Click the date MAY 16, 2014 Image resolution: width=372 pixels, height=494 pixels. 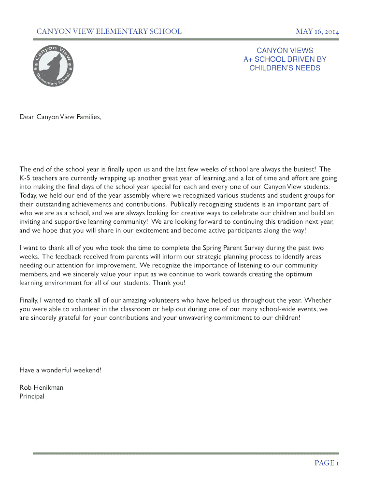coord(317,32)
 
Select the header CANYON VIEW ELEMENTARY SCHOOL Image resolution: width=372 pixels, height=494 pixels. coord(109,32)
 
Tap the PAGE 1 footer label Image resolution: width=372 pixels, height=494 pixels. coord(327,463)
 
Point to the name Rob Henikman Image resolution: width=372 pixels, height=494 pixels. coord(42,387)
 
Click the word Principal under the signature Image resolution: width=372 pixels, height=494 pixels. coord(32,397)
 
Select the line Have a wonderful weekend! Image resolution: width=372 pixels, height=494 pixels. coord(60,370)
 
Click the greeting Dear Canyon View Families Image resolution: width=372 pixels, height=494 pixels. coord(60,117)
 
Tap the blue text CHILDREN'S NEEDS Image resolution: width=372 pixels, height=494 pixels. coord(285,68)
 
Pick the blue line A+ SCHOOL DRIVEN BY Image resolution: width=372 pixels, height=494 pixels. coord(285,59)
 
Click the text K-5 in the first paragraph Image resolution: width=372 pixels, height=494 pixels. coord(25,178)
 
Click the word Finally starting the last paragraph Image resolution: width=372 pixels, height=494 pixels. coord(29,301)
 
